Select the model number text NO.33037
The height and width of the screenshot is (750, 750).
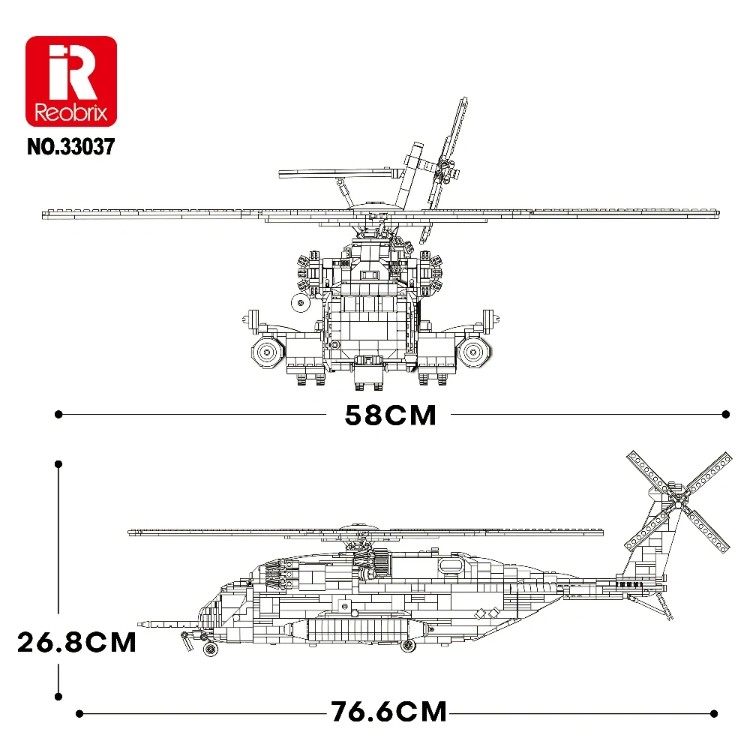(x=70, y=145)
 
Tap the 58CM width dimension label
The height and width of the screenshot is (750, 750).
(x=390, y=415)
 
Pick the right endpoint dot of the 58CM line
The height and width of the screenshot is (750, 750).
(x=725, y=413)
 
